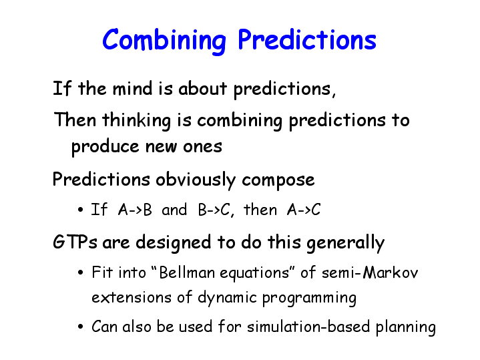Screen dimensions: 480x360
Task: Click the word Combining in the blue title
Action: pos(164,41)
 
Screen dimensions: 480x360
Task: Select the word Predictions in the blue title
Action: pos(307,39)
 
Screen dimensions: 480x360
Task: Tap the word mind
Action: pos(132,89)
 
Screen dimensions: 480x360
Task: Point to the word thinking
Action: pos(136,120)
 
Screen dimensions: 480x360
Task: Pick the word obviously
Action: pos(196,180)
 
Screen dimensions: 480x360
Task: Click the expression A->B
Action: pos(135,210)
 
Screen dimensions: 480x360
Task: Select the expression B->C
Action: pos(214,210)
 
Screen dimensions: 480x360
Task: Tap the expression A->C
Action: pos(304,210)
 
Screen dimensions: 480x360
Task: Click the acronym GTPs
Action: pos(75,242)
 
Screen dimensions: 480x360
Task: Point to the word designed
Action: pos(174,243)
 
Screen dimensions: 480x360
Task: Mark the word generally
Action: pos(345,243)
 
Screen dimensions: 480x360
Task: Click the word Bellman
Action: pos(187,273)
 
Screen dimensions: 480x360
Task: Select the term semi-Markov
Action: pos(370,273)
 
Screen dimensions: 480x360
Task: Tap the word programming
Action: pos(309,298)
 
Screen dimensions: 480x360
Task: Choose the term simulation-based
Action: pos(308,327)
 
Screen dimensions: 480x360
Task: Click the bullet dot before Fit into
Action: pos(81,273)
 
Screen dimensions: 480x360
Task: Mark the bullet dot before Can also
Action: pos(81,327)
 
